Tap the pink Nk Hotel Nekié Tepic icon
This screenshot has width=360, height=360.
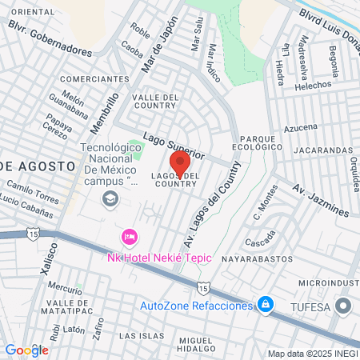pyautogui.click(x=128, y=237)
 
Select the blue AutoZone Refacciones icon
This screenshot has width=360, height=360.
pyautogui.click(x=264, y=305)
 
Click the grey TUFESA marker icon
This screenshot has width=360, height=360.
pyautogui.click(x=344, y=306)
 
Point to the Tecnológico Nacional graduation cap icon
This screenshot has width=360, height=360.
pyautogui.click(x=109, y=198)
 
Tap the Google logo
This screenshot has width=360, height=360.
pyautogui.click(x=26, y=350)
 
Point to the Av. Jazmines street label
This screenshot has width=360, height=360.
pyautogui.click(x=320, y=200)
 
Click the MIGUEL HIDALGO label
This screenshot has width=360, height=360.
pyautogui.click(x=196, y=345)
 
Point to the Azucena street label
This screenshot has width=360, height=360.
pyautogui.click(x=301, y=127)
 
